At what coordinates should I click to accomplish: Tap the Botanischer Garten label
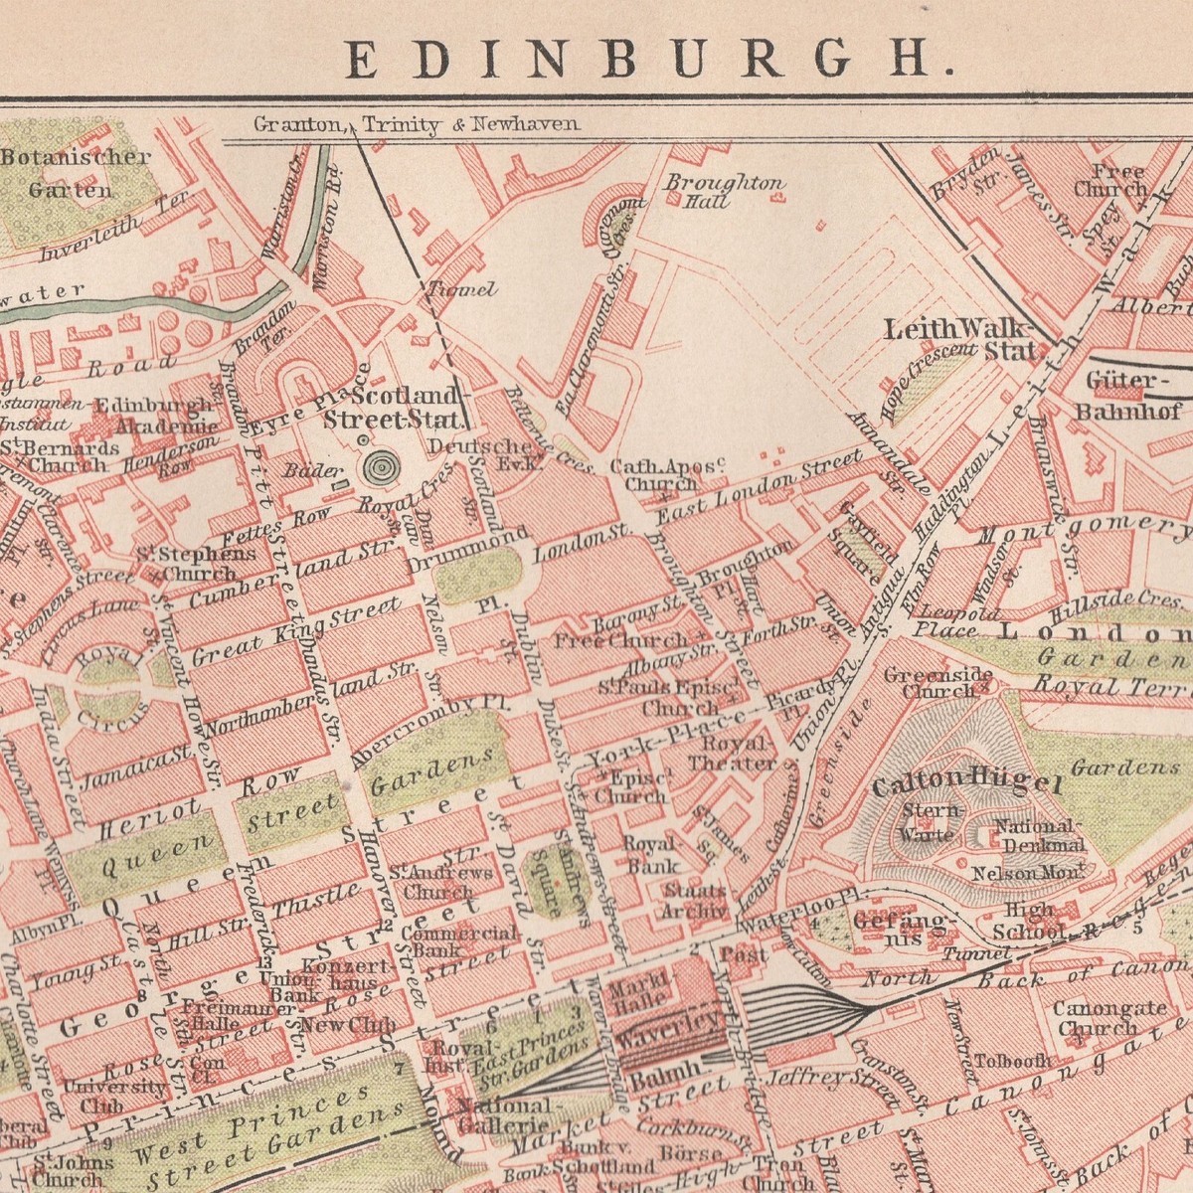[76, 172]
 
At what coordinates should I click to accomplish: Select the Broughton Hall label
[724, 191]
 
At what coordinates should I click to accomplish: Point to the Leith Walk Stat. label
[959, 338]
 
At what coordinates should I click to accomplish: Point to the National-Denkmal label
[1037, 836]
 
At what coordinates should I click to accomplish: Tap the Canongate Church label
[1109, 1017]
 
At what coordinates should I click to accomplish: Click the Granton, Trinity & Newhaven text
[416, 125]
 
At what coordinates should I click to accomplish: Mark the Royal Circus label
[109, 686]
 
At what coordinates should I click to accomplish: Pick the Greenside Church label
[931, 683]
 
